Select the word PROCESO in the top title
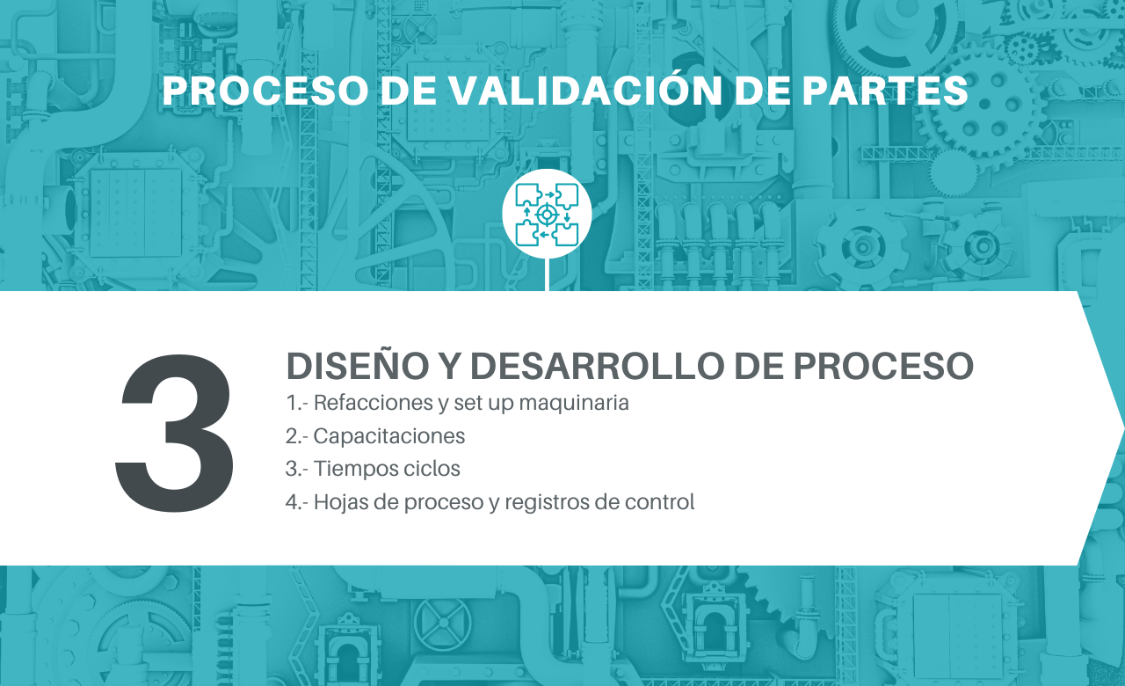click(x=265, y=91)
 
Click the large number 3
click(x=175, y=433)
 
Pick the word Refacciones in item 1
click(x=381, y=402)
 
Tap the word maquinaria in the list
click(x=574, y=404)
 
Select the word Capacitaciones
click(x=389, y=436)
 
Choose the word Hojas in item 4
click(x=340, y=502)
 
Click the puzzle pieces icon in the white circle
click(x=547, y=215)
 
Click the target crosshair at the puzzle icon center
click(x=547, y=215)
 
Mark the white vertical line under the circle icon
click(x=547, y=274)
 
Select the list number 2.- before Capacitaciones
click(x=297, y=436)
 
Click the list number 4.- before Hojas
click(x=297, y=502)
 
